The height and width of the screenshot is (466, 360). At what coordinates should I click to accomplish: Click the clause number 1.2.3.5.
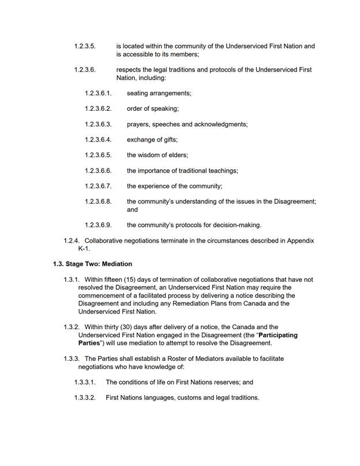click(85, 46)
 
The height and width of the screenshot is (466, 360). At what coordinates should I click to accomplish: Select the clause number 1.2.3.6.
click(85, 69)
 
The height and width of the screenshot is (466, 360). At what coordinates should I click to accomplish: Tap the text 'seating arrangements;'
click(159, 93)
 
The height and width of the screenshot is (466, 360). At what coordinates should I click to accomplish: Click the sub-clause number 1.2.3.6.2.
click(97, 109)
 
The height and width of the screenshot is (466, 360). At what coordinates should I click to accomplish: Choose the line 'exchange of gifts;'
click(152, 140)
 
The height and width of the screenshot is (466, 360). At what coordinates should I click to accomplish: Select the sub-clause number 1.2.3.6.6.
click(97, 171)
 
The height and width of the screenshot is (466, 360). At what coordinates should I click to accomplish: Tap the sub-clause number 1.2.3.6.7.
click(97, 187)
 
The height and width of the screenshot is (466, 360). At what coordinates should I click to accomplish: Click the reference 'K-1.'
click(84, 249)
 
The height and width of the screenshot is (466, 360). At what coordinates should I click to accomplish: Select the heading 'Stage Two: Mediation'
click(99, 264)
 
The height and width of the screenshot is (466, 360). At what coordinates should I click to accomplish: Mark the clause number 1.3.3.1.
click(85, 382)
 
